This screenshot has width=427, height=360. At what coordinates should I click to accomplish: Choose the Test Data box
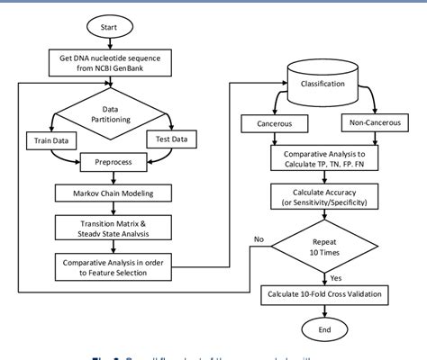pyautogui.click(x=173, y=140)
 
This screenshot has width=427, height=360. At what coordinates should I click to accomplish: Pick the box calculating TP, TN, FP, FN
pyautogui.click(x=323, y=159)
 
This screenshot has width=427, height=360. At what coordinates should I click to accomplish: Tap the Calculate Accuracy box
pyautogui.click(x=323, y=196)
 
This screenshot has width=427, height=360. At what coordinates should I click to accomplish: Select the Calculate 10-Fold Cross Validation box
pyautogui.click(x=323, y=294)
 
